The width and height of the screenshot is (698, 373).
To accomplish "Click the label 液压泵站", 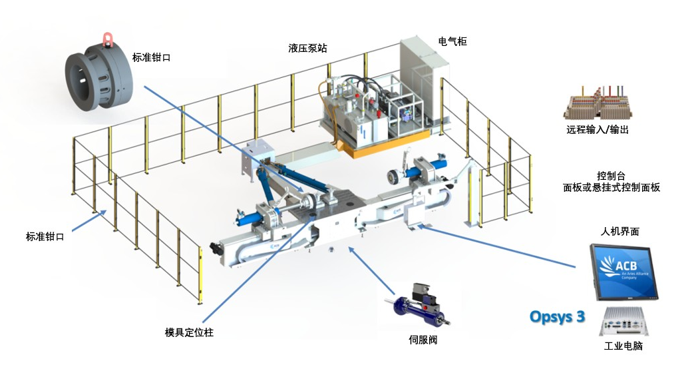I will point(308,49).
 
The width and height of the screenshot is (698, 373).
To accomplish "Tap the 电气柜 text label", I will point(452,41).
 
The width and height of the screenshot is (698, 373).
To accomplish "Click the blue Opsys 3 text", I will point(557,316).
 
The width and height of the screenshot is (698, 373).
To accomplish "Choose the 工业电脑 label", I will point(623,346).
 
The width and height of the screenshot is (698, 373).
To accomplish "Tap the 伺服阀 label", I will point(423,340).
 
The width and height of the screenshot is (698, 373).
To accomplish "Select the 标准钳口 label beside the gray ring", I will point(152,57).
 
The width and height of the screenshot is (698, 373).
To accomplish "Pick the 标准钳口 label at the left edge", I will point(45,236).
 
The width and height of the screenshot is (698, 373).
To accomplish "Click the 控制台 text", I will point(611,177).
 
